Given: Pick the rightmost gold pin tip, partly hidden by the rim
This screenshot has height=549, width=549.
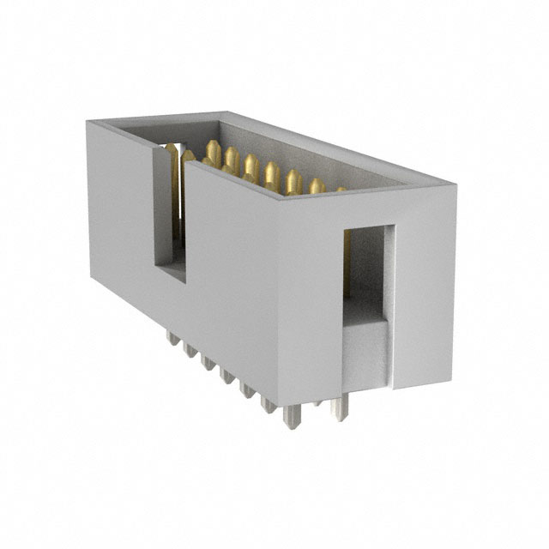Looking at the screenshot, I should point(341,189).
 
